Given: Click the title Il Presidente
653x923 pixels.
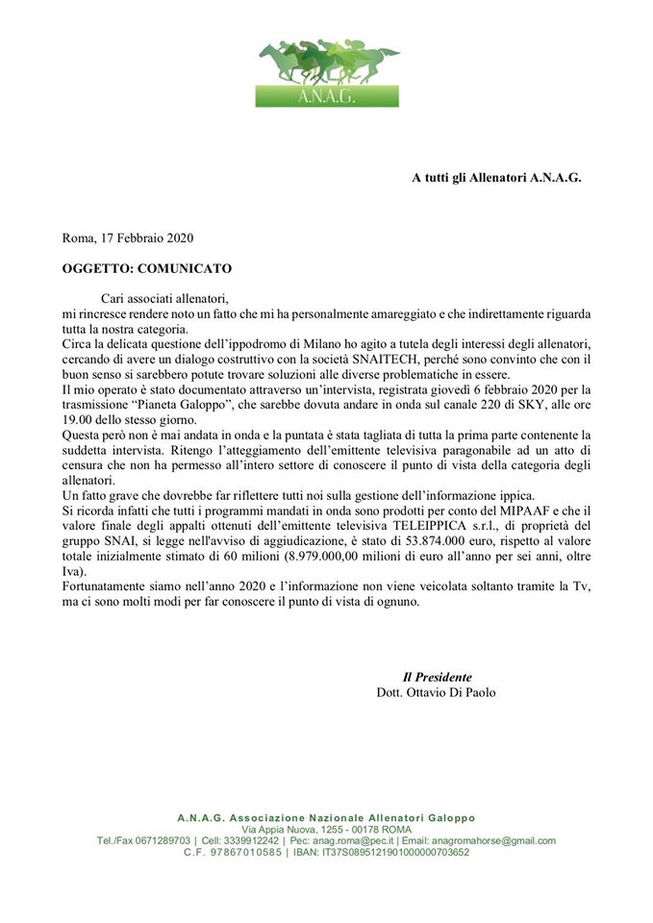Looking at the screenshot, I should [x=437, y=677].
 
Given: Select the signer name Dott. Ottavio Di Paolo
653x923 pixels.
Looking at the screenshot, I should [x=437, y=692].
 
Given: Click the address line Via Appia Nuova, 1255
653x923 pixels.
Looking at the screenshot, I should [x=299, y=829].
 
